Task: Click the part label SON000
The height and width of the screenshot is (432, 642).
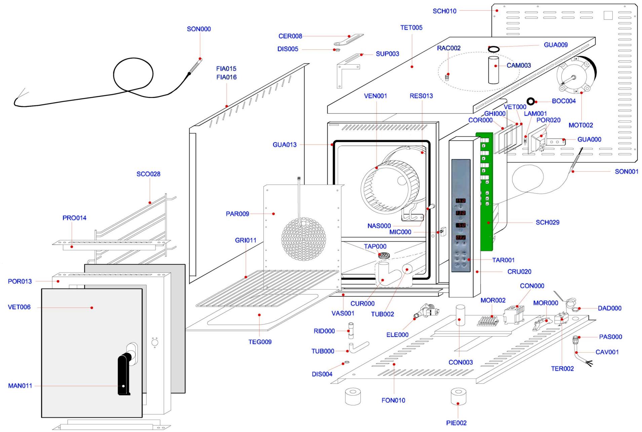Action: pos(199,29)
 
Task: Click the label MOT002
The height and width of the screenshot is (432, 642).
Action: pos(580,125)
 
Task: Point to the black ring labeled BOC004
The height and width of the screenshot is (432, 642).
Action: pos(531,101)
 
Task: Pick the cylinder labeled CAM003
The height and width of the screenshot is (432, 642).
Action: pos(494,70)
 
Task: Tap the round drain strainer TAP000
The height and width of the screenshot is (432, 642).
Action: pos(384,255)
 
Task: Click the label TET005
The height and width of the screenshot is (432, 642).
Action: pos(411,28)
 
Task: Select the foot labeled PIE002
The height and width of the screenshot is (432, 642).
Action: pos(458,397)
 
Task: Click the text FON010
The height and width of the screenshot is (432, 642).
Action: pos(393,400)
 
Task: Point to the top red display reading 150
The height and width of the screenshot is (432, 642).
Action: pos(460,201)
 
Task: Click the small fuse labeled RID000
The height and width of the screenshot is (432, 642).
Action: pos(351,331)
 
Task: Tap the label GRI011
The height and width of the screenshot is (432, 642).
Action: pos(246,240)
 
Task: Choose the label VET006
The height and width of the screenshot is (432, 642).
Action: pos(19,307)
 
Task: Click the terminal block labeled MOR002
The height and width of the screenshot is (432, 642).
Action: pos(488,321)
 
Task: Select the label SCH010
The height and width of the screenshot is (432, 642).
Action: pos(444,11)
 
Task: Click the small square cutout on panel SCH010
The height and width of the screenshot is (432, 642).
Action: pos(608,15)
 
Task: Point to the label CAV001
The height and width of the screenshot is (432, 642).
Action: pos(607,352)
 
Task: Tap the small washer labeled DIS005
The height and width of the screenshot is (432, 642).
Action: pos(336,50)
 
